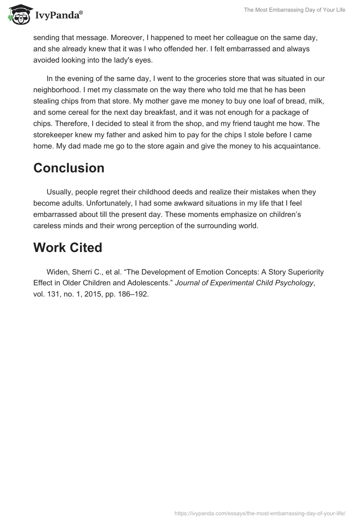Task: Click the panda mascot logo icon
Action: point(19,15)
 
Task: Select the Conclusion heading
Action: point(69,168)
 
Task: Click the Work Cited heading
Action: point(67,247)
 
